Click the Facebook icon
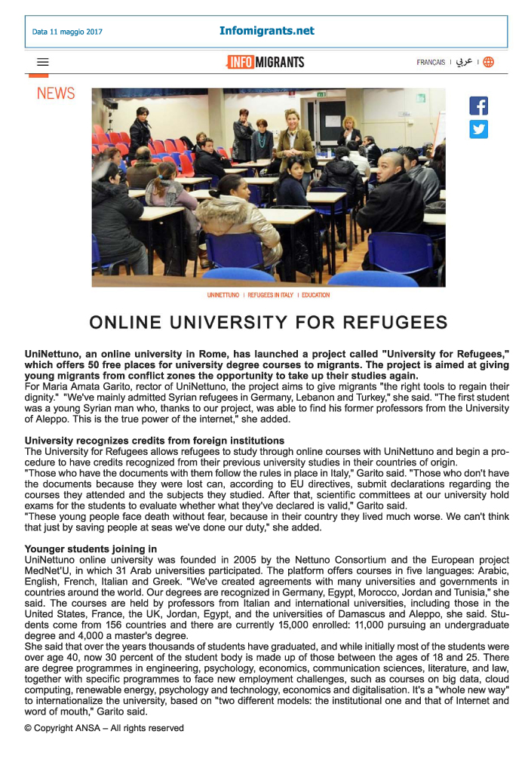coord(478,106)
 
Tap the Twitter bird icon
coord(478,129)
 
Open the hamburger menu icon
coord(43,63)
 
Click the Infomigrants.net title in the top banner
coord(267,31)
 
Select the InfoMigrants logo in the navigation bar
coord(265,62)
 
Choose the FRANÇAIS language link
coord(431,63)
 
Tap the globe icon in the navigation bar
coord(488,63)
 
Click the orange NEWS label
coord(56,94)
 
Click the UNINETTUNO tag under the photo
coord(223,295)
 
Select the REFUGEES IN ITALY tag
coord(270,295)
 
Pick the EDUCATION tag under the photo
coord(315,295)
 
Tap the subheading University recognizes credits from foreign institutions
coord(155,441)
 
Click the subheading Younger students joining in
coord(91,549)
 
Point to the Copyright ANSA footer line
coord(104,728)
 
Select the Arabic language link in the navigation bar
coord(464,63)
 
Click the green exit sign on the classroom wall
coord(322,94)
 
